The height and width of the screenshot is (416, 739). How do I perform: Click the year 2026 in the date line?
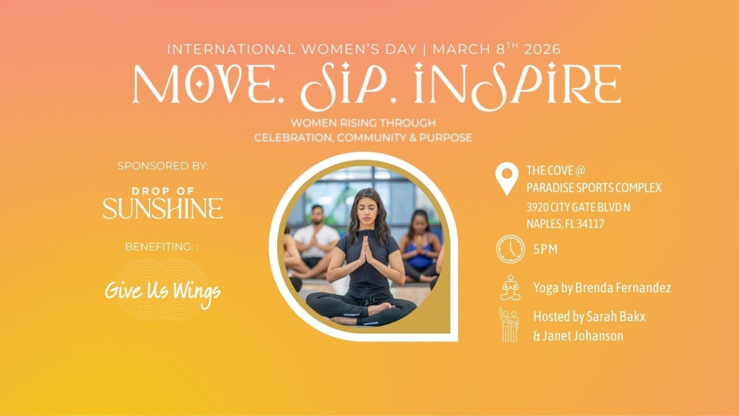coord(542,50)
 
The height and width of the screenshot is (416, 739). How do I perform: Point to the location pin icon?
coord(506,180)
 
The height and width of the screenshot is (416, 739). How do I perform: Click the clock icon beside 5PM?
coord(510,249)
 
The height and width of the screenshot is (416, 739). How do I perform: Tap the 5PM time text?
coord(546,250)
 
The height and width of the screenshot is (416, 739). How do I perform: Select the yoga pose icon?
coord(510,287)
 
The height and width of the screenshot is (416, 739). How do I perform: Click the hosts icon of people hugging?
coord(509,324)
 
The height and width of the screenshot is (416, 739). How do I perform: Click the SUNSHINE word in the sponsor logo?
coord(163,209)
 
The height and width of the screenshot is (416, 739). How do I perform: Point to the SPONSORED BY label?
coord(163,166)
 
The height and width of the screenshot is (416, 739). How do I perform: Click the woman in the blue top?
coord(420,246)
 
